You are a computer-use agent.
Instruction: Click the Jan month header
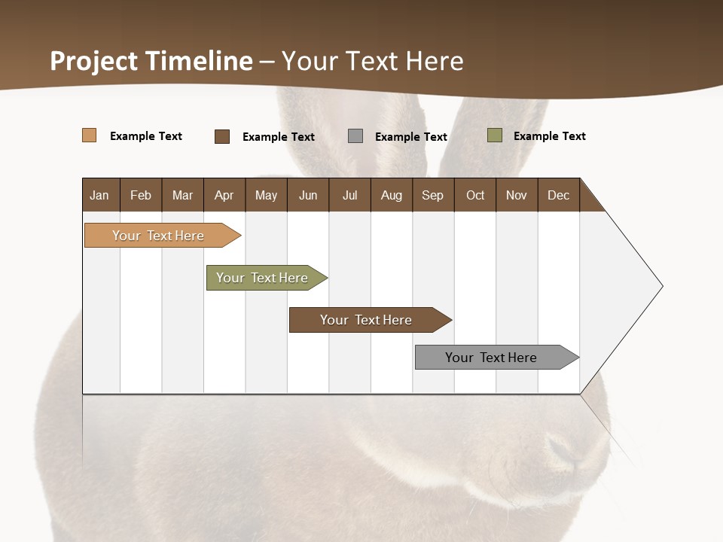pyautogui.click(x=99, y=195)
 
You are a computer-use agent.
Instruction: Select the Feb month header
pyautogui.click(x=141, y=195)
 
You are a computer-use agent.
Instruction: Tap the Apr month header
pyautogui.click(x=224, y=195)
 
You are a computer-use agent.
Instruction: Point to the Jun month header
pyautogui.click(x=308, y=195)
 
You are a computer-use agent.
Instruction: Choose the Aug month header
pyautogui.click(x=391, y=195)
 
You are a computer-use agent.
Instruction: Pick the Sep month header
pyautogui.click(x=432, y=195)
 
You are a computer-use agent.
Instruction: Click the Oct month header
pyautogui.click(x=475, y=195)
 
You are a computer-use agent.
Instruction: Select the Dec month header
pyautogui.click(x=558, y=195)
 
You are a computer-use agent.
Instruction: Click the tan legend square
pyautogui.click(x=90, y=135)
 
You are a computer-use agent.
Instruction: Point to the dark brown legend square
pyautogui.click(x=222, y=136)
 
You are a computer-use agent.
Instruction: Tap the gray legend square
pyautogui.click(x=355, y=136)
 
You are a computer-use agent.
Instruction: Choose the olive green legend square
pyautogui.click(x=495, y=135)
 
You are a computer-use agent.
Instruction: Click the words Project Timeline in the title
pyautogui.click(x=151, y=61)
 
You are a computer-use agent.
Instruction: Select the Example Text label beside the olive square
pyautogui.click(x=549, y=136)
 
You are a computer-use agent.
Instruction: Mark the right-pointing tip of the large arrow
pyautogui.click(x=661, y=286)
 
